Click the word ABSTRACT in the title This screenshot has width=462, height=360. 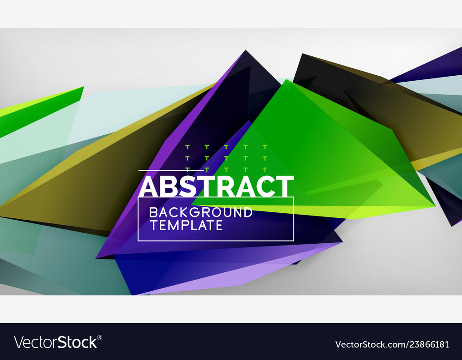pyautogui.click(x=216, y=186)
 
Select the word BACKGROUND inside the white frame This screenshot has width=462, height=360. pyautogui.click(x=201, y=213)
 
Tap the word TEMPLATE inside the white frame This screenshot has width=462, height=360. pyautogui.click(x=186, y=225)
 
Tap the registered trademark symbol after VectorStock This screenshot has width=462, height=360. pyautogui.click(x=99, y=337)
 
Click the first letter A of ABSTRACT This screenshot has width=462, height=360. pyautogui.click(x=149, y=186)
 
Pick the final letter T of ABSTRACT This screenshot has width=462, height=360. pyautogui.click(x=286, y=186)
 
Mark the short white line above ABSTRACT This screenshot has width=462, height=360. pyautogui.click(x=152, y=171)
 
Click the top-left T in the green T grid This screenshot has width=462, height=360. pyautogui.click(x=188, y=147)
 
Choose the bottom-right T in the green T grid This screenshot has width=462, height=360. pyautogui.click(x=265, y=169)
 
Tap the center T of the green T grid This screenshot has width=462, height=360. pyautogui.click(x=226, y=158)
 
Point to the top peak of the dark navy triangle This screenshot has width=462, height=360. pyautogui.click(x=245, y=51)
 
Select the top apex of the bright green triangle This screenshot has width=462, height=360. pyautogui.click(x=286, y=80)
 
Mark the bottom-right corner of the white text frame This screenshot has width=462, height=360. pyautogui.click(x=294, y=240)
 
